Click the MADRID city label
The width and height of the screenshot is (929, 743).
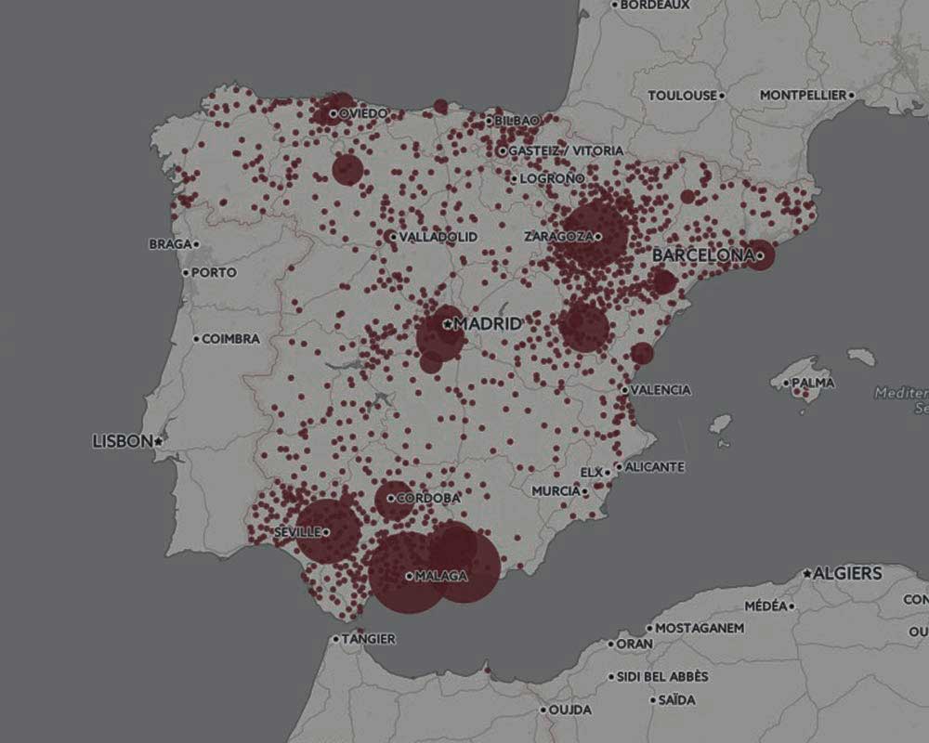(x=488, y=323)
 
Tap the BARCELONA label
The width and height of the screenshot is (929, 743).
(x=700, y=254)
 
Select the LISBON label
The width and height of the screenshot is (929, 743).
(x=122, y=441)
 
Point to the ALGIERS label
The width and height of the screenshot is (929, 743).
(x=847, y=573)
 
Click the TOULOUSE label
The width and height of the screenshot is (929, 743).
(x=683, y=95)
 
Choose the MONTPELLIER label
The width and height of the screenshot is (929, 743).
(x=803, y=95)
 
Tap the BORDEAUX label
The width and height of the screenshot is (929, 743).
(x=654, y=5)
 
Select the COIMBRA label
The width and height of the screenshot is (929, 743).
(x=230, y=339)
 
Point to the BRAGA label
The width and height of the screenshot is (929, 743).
(x=168, y=244)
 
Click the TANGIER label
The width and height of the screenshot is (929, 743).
(x=369, y=639)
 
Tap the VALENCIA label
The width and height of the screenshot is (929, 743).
(x=661, y=390)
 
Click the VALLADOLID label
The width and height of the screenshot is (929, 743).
(x=438, y=237)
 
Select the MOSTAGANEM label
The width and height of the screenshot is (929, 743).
(x=700, y=628)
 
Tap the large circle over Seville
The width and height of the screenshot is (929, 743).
(x=328, y=530)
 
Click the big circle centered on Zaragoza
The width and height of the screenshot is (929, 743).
(x=592, y=235)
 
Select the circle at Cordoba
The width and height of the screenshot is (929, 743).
(x=394, y=500)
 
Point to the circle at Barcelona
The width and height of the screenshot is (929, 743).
(x=760, y=254)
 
